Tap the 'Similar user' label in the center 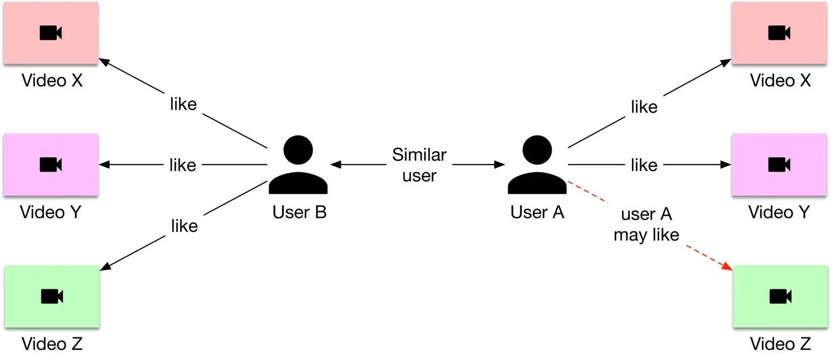[x=419, y=165]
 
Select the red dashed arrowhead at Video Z [x=727, y=267]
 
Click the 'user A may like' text [x=646, y=225]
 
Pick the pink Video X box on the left [x=51, y=33]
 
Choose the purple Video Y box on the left [x=51, y=165]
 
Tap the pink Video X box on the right [x=779, y=33]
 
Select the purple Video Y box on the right [x=779, y=165]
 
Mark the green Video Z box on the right [x=780, y=297]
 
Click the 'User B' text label [x=299, y=212]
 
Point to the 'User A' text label [x=537, y=212]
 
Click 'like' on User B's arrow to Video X [x=183, y=104]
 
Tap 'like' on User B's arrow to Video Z [x=184, y=226]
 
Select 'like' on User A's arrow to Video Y [x=644, y=165]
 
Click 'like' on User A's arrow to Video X [x=644, y=107]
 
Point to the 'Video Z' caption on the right [x=780, y=343]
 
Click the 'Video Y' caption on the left [x=51, y=212]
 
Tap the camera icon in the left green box [x=52, y=297]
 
